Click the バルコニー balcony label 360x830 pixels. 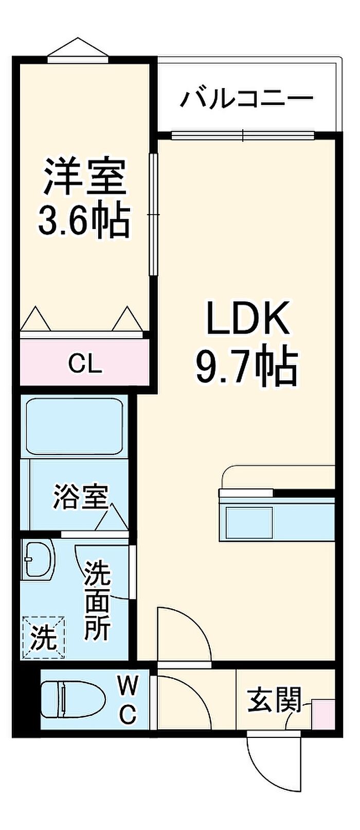tap(247, 99)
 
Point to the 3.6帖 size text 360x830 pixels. tap(84, 221)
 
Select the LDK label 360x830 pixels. tap(247, 318)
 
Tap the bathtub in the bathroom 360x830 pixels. tap(75, 427)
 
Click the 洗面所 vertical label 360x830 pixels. tap(98, 601)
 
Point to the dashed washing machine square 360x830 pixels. tap(44, 637)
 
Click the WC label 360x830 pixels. tap(128, 699)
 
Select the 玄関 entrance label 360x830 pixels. tap(274, 700)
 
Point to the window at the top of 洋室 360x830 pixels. tap(78, 59)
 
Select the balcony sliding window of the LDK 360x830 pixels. tap(243, 136)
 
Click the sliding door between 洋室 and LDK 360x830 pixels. tap(153, 215)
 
